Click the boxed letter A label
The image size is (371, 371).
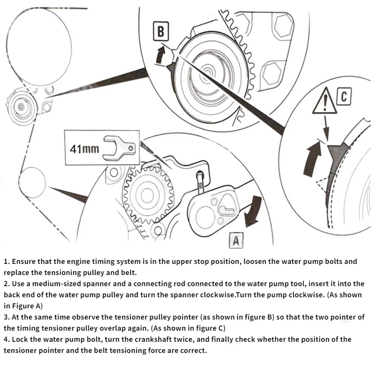pos(236,240)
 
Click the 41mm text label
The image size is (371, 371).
pos(84,149)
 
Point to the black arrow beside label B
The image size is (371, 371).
pos(160,54)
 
